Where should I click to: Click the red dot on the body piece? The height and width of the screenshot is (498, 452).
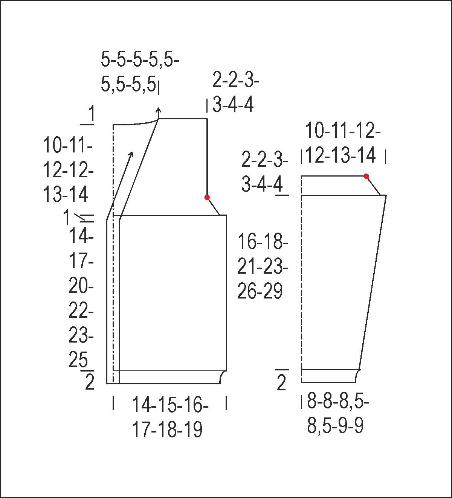[207, 197]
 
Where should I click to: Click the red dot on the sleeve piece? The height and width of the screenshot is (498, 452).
[366, 176]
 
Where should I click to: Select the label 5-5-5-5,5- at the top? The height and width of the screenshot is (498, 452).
[140, 60]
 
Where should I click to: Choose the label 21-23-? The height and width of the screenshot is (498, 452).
[263, 266]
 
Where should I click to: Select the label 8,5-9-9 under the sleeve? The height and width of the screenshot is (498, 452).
[336, 425]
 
